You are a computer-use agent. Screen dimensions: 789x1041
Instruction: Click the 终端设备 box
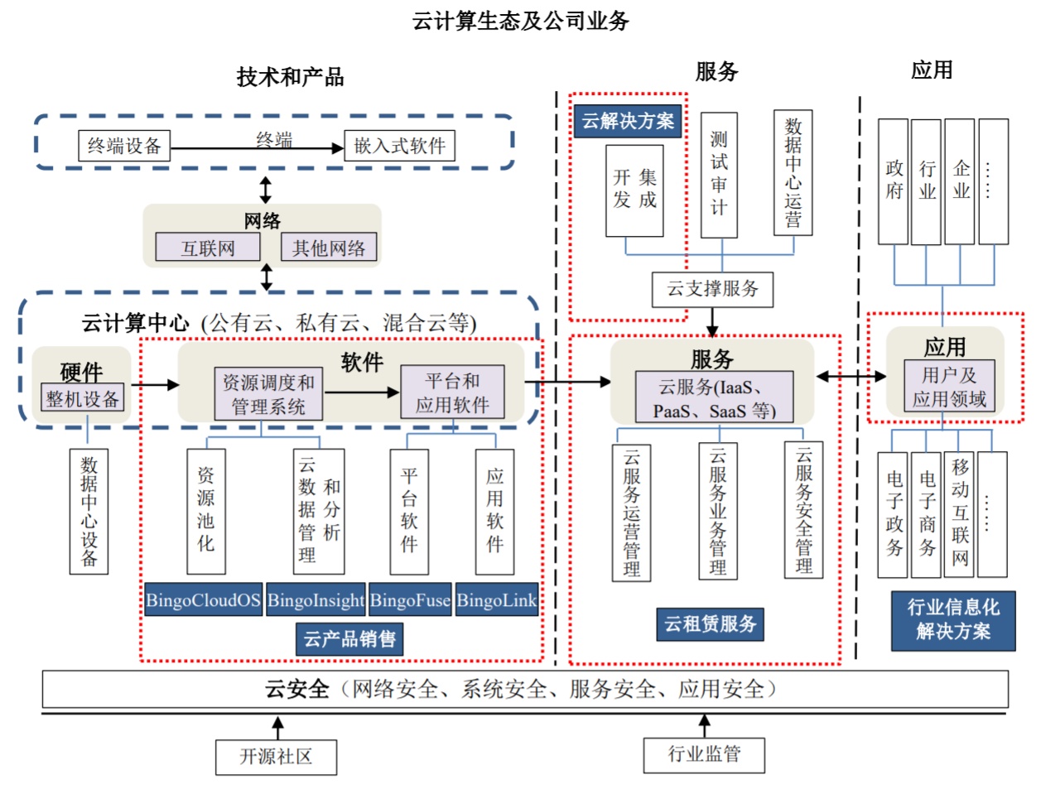click(x=124, y=146)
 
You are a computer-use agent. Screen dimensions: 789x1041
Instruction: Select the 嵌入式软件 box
click(x=399, y=146)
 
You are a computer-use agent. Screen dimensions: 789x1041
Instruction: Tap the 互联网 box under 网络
click(x=208, y=248)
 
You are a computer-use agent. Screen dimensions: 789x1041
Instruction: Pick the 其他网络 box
click(x=329, y=248)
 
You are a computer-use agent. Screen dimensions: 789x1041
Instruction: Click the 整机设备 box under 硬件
click(x=82, y=398)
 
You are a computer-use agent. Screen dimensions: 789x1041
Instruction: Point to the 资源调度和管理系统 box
click(x=267, y=393)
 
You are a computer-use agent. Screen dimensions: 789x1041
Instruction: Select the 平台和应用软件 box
click(x=452, y=392)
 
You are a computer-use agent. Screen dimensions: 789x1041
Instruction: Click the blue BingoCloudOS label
click(x=203, y=600)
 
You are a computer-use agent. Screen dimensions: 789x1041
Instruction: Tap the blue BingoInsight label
click(x=316, y=600)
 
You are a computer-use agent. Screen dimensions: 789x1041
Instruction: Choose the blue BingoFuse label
click(x=410, y=600)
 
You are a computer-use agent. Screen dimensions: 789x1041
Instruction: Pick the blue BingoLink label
click(x=497, y=600)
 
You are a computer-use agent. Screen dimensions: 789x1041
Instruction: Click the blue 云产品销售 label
click(x=349, y=638)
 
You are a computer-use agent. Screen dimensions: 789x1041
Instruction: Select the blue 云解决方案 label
click(x=628, y=121)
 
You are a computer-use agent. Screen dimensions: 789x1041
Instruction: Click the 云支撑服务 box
click(x=712, y=289)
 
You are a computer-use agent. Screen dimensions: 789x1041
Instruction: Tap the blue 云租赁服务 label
click(x=711, y=623)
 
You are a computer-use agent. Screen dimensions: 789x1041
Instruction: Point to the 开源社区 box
click(x=276, y=757)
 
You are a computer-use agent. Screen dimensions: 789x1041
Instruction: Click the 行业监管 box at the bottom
click(x=704, y=754)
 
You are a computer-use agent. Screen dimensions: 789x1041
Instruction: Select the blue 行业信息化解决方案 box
click(x=953, y=620)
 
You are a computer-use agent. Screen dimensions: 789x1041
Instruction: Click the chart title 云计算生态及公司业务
click(x=521, y=21)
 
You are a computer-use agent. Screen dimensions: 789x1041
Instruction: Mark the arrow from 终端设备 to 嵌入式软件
click(x=257, y=148)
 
